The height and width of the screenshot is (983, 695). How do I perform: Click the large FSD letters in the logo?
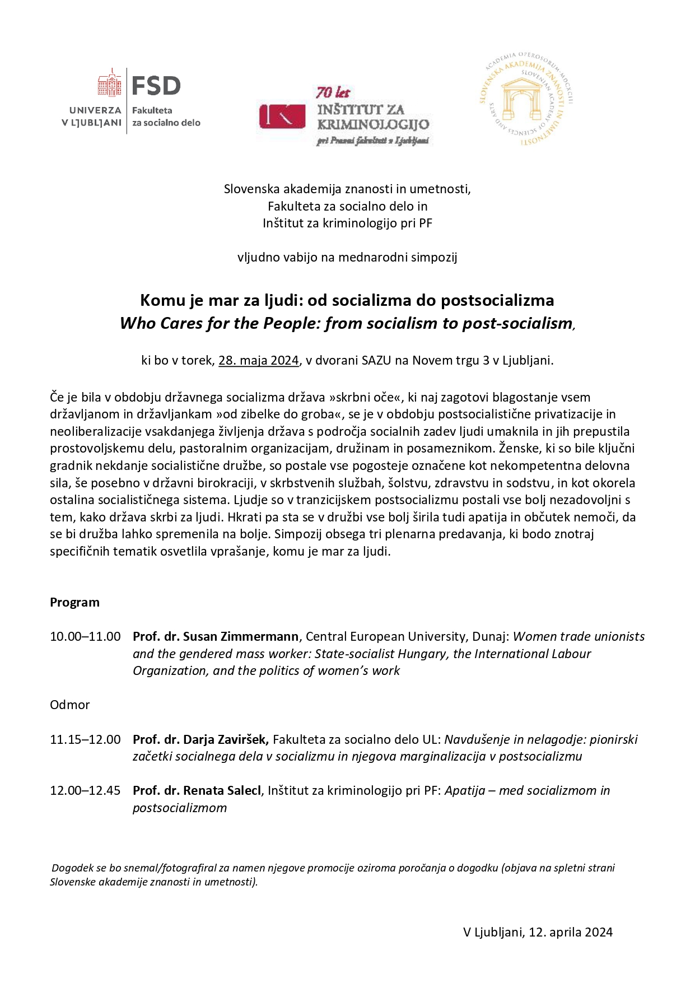(x=156, y=86)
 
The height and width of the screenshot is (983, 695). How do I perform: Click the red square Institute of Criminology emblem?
(x=282, y=117)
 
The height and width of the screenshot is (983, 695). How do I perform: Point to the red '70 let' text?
(x=333, y=92)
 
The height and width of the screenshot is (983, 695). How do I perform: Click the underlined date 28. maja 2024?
(x=258, y=360)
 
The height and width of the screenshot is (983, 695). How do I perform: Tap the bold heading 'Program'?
(x=74, y=602)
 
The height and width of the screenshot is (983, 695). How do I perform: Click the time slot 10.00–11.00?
(x=85, y=636)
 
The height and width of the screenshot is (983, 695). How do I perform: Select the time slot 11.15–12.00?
(x=85, y=739)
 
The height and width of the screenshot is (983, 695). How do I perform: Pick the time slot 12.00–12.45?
(x=85, y=790)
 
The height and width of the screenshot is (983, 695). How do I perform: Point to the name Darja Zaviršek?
(x=226, y=739)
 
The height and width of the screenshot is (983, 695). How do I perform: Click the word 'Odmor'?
(x=69, y=705)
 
